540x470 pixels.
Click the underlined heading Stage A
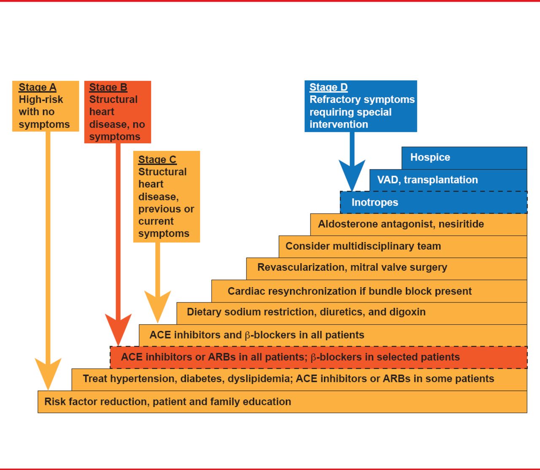pyautogui.click(x=37, y=87)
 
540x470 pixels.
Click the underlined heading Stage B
pyautogui.click(x=108, y=87)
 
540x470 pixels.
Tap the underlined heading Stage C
pyautogui.click(x=157, y=160)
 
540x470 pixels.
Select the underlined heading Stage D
pyautogui.click(x=328, y=87)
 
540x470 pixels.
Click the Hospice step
pyautogui.click(x=430, y=158)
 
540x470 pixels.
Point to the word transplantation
pyautogui.click(x=440, y=180)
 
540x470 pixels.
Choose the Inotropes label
pyautogui.click(x=375, y=203)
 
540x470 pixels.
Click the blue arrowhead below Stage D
pyautogui.click(x=352, y=175)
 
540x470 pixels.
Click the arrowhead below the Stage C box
pyautogui.click(x=158, y=306)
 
